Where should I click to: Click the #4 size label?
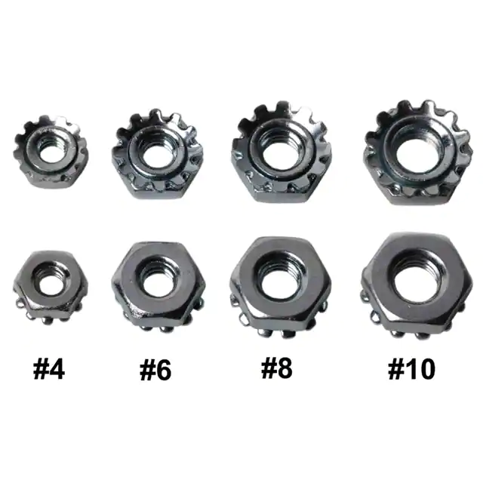point(49,370)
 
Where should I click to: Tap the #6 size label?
point(155,371)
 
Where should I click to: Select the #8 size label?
point(277,368)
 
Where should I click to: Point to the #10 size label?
point(411,369)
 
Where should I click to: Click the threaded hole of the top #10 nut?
point(415,152)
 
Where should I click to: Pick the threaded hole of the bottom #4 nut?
point(51,283)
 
